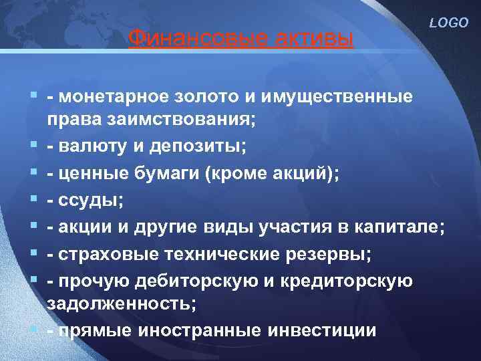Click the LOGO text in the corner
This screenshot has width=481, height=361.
(450, 22)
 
